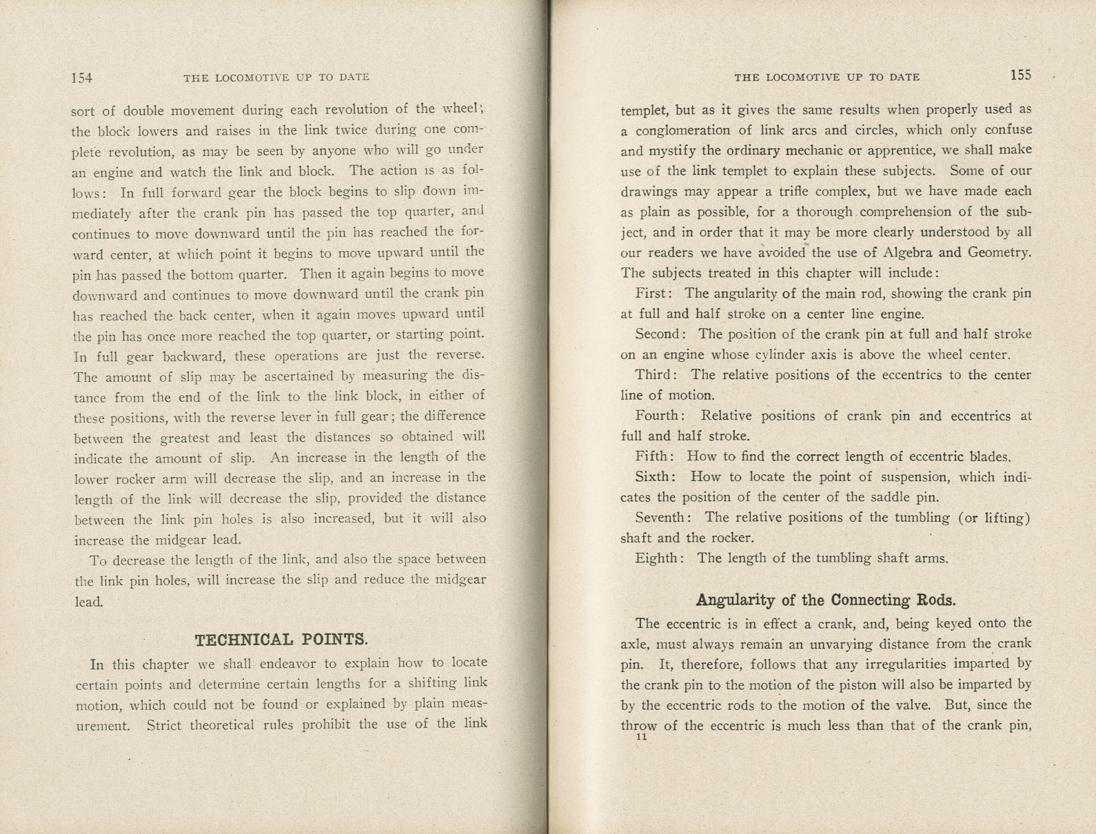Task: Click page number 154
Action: point(81,78)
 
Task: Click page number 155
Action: point(1020,76)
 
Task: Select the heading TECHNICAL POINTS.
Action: point(281,640)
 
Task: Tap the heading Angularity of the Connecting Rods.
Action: point(826,600)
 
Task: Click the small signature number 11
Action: point(642,736)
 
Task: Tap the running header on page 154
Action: point(276,78)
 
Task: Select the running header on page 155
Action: point(826,77)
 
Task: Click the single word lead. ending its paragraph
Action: point(89,602)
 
